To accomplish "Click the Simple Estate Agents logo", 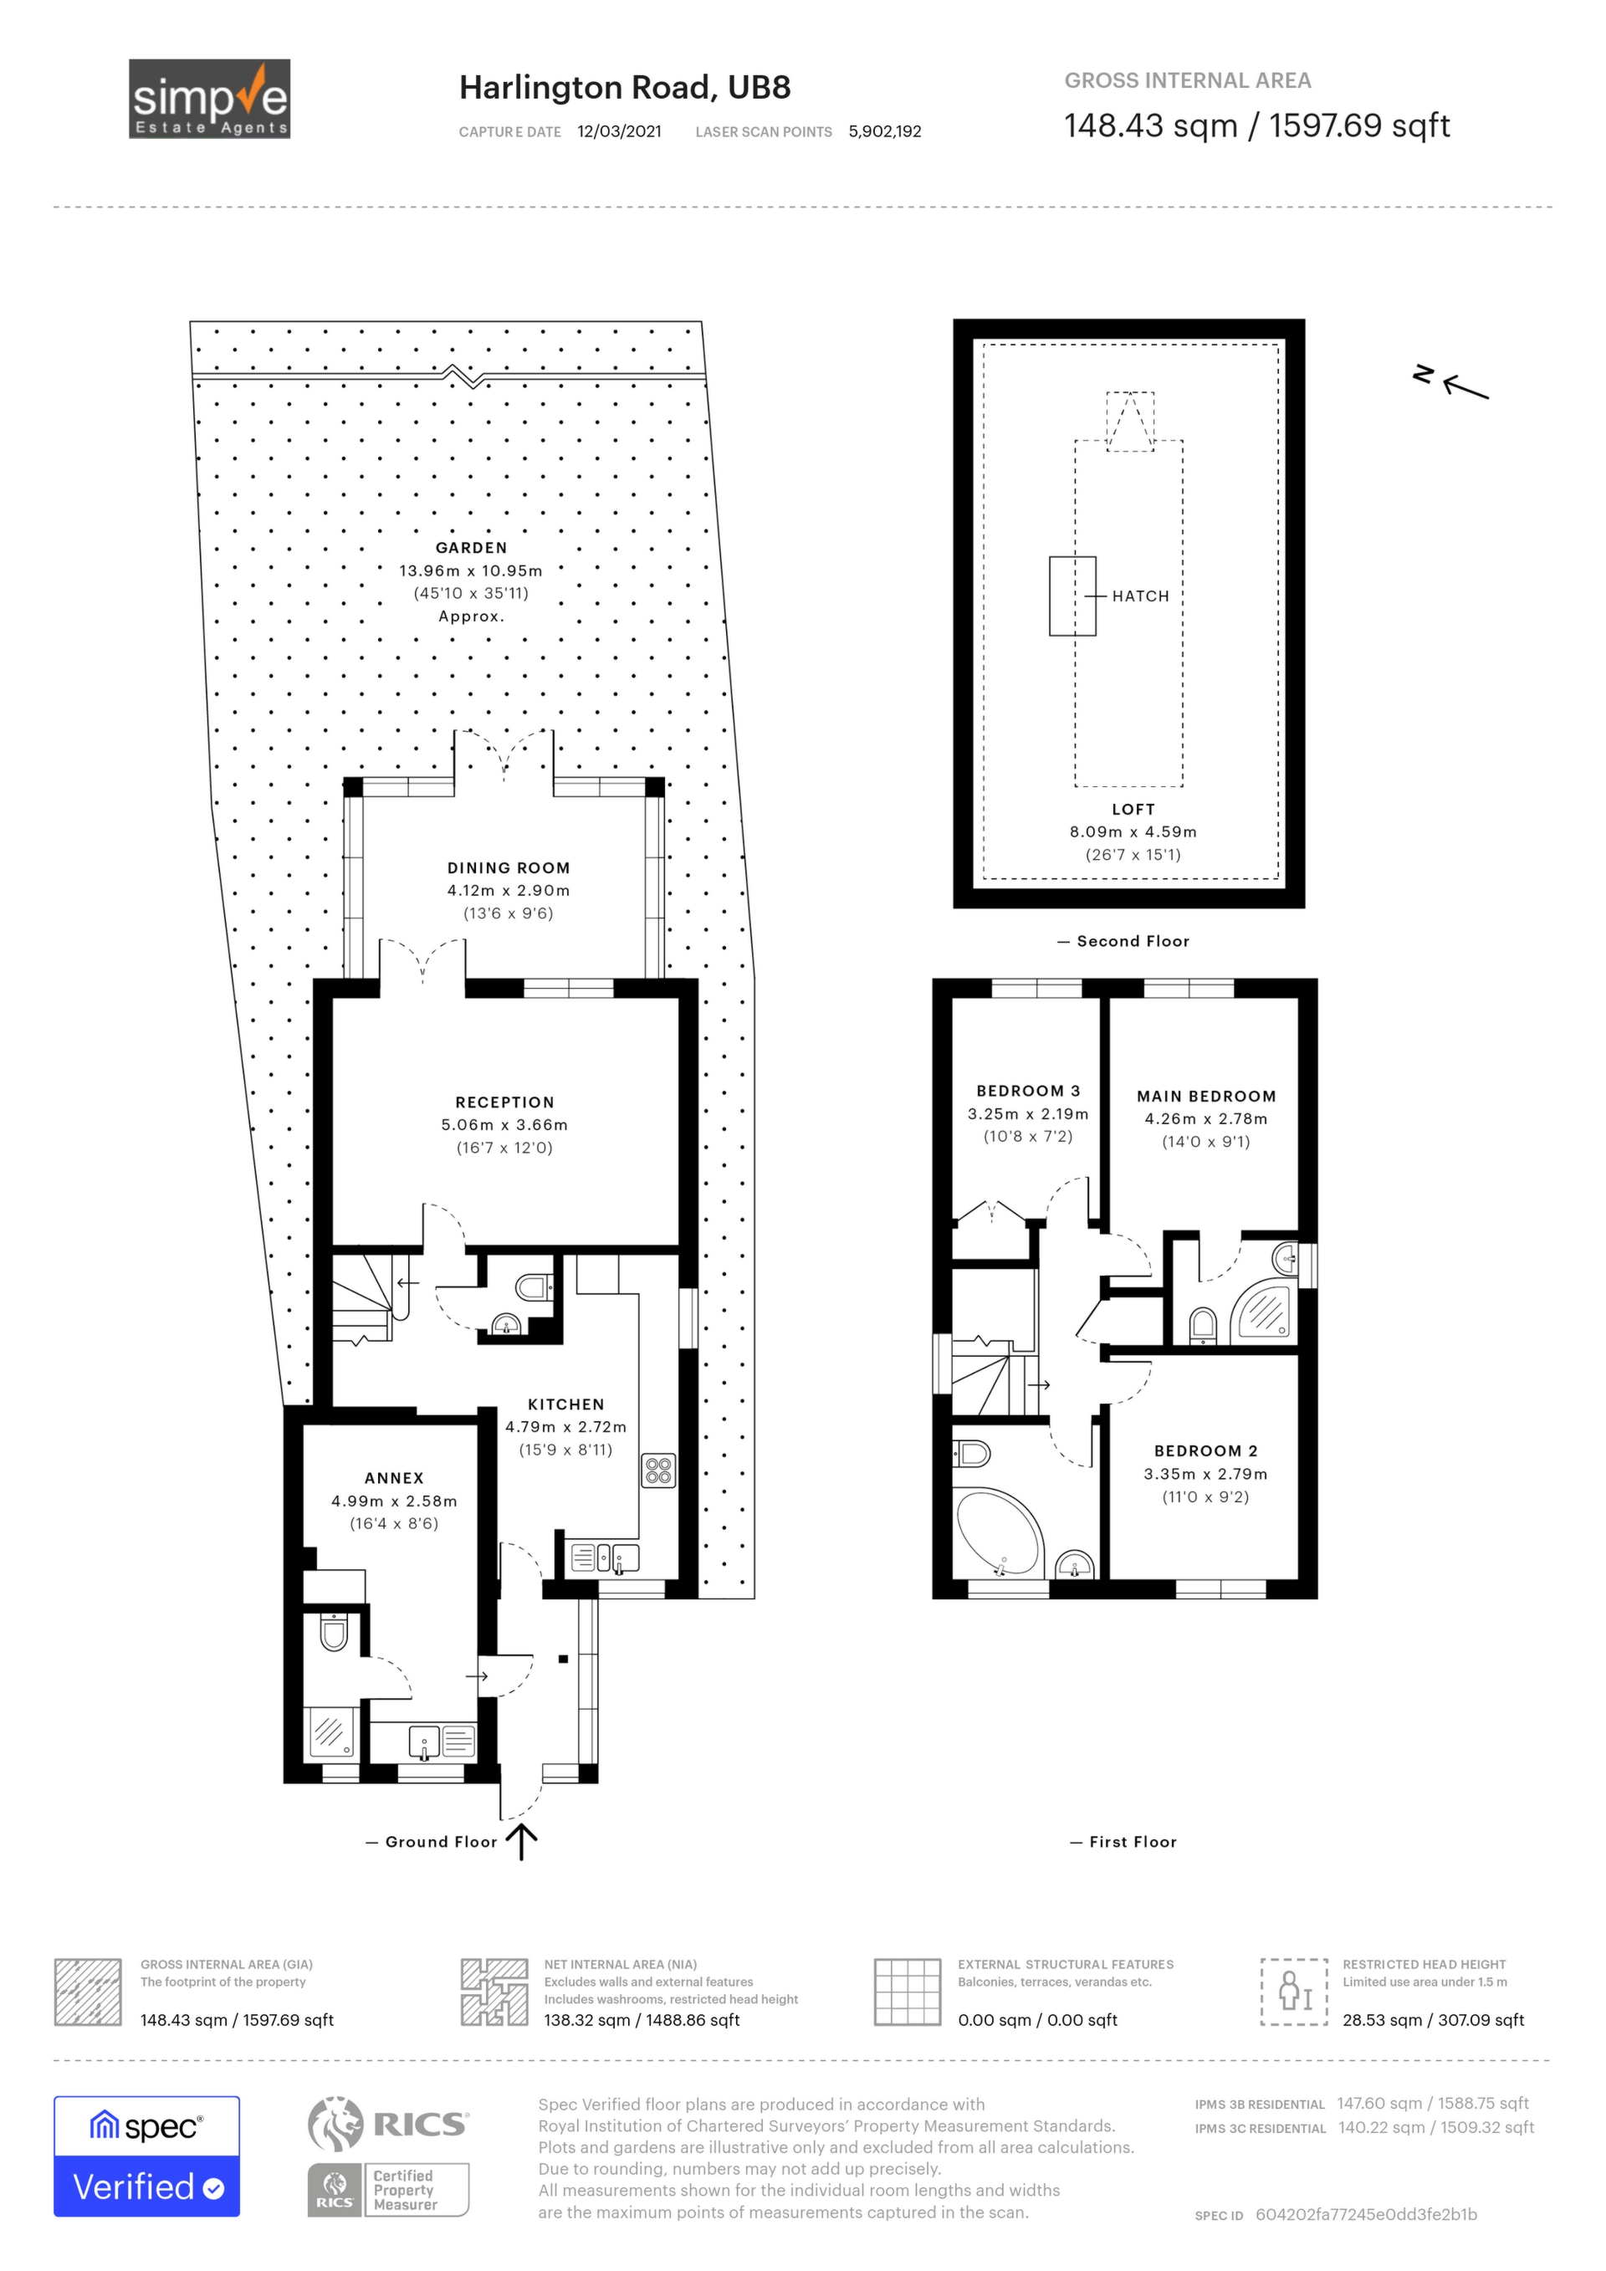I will tap(210, 99).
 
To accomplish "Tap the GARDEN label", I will tap(471, 548).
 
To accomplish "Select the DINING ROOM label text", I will tap(509, 867).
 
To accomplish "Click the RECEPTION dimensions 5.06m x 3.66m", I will tap(504, 1124).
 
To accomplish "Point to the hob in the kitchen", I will tap(658, 1471).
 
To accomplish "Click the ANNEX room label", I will tap(394, 1478).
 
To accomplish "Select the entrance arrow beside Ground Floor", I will tap(521, 1842).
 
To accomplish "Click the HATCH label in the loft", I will tap(1139, 596).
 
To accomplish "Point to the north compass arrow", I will tap(1464, 386).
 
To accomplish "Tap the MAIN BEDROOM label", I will tap(1205, 1096).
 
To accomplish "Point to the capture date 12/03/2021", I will tap(619, 131).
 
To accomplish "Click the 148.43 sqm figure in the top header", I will tap(1150, 125).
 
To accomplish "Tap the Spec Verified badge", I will tap(146, 2156).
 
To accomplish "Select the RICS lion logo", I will tap(336, 2124).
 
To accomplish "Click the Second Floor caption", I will tap(1133, 941).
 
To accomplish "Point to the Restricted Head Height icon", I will tap(1292, 1991).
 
